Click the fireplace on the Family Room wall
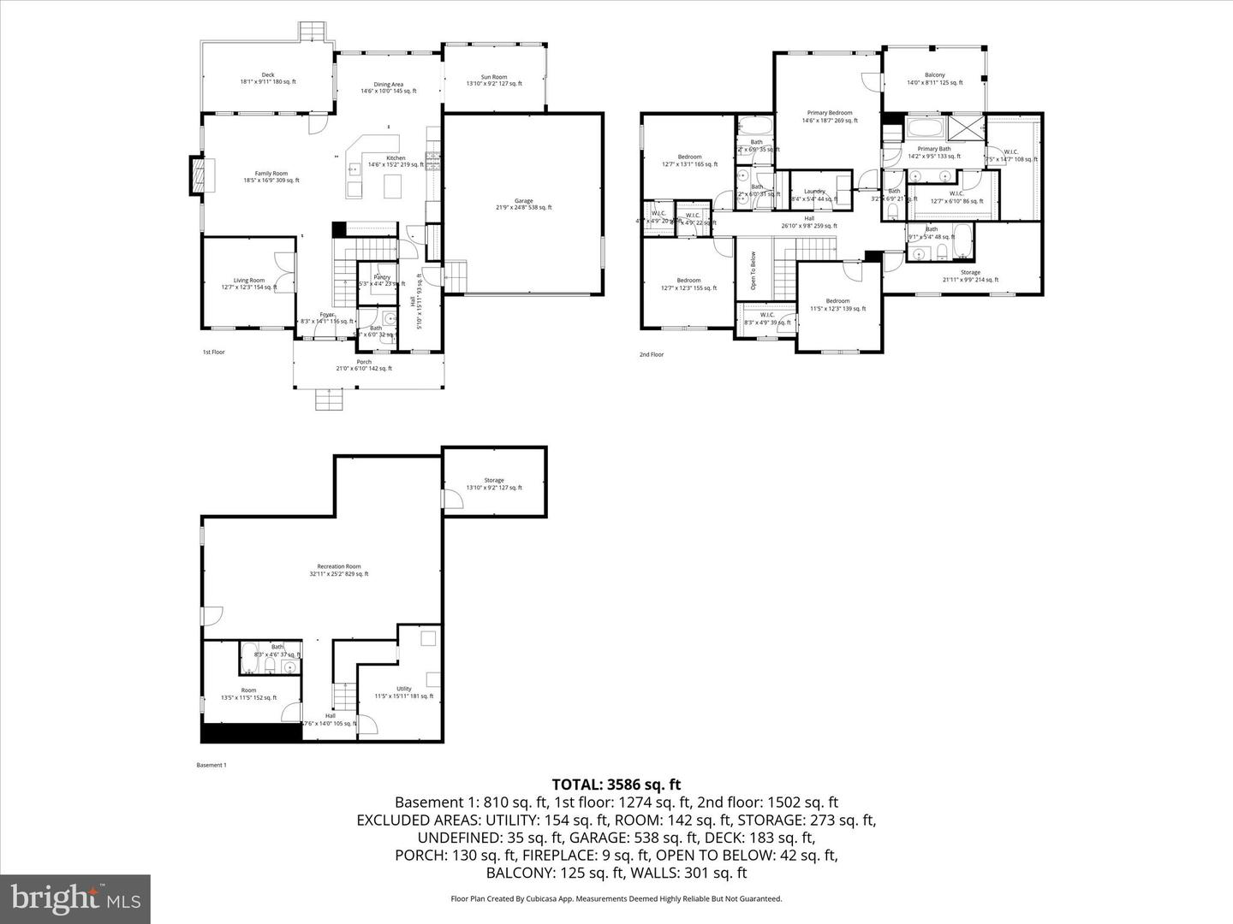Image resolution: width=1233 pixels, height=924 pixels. (198, 177)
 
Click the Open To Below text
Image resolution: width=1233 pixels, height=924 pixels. (753, 269)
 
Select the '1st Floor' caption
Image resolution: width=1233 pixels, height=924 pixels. (213, 352)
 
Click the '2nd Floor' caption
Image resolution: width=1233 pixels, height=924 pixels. (651, 354)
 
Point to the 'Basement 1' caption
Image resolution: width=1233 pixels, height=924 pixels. (211, 765)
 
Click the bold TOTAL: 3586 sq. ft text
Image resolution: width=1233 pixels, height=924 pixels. (616, 784)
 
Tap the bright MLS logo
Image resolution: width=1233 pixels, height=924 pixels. (75, 898)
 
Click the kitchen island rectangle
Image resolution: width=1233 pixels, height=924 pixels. (393, 186)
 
